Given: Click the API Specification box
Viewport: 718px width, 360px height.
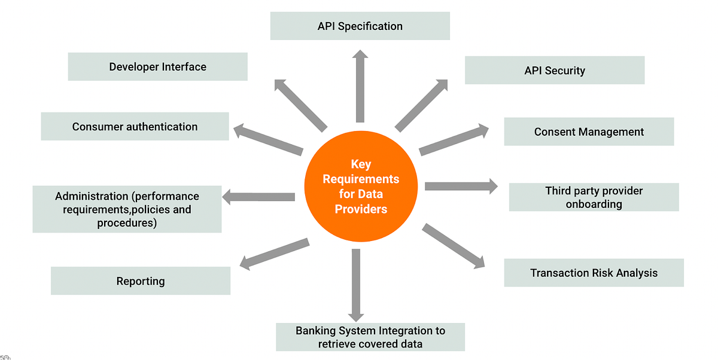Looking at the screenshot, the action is pos(360,26).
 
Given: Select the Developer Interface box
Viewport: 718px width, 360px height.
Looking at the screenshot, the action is pos(158,66).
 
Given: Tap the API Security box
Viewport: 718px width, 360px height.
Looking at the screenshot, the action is pos(555,70).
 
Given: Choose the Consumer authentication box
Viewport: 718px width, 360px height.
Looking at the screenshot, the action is pos(135,126).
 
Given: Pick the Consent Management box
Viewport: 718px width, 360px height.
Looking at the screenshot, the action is pos(589,132).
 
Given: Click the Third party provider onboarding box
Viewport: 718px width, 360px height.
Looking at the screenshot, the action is pos(594,197).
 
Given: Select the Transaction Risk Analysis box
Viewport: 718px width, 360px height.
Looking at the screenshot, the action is pos(594,273).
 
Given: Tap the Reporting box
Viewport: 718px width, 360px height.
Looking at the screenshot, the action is pos(141,281).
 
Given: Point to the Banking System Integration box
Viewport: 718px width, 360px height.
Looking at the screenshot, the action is pos(370,337).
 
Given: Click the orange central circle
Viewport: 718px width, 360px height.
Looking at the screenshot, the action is pos(361,186).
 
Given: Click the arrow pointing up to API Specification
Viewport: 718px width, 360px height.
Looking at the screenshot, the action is pos(360,86).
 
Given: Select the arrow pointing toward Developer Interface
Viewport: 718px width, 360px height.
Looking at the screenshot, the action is pos(300,106).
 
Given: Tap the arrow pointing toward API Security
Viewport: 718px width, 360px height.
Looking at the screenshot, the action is pos(421,106).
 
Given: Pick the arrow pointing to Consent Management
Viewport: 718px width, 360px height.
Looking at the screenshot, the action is pos(454,140).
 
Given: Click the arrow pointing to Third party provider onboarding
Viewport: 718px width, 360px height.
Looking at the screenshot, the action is pos(461,187).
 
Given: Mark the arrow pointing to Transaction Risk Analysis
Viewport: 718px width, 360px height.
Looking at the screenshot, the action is pos(454,246).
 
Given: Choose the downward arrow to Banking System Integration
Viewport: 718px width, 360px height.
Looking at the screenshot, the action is pos(356,285).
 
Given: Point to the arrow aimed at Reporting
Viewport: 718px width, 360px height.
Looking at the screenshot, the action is pos(275,254).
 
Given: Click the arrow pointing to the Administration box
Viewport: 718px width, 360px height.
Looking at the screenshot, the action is pos(258,197).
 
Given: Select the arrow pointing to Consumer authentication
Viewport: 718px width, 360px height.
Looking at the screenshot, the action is pos(268,140).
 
